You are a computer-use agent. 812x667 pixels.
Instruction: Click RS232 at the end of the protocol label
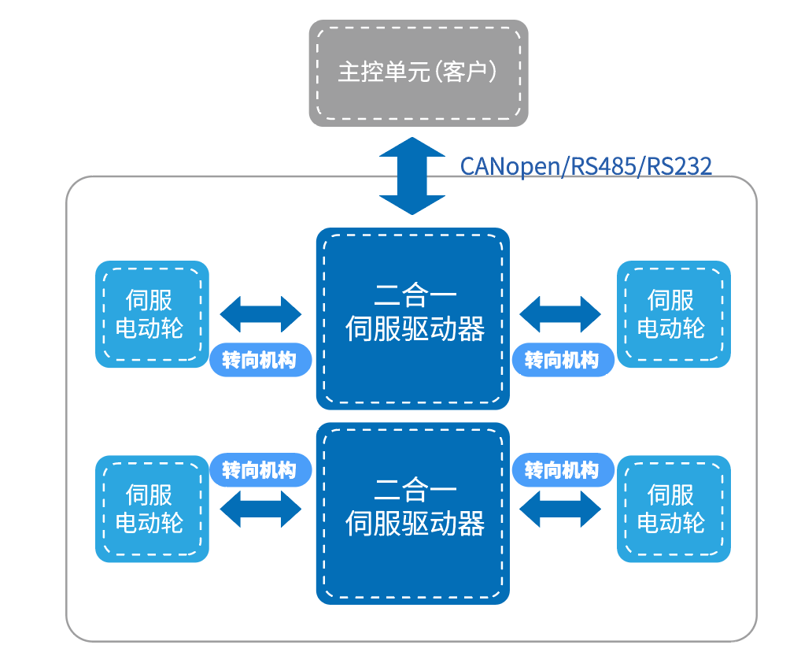click(x=678, y=166)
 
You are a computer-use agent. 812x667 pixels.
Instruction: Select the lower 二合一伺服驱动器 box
click(x=413, y=512)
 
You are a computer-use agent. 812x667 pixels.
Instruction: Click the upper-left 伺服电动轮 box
click(x=152, y=313)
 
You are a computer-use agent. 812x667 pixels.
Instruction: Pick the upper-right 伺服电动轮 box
click(x=674, y=313)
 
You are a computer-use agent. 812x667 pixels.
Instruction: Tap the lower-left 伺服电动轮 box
click(x=152, y=509)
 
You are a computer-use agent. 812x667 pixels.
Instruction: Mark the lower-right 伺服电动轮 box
click(x=674, y=509)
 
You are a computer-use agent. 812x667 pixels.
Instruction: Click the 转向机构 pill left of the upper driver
click(x=260, y=361)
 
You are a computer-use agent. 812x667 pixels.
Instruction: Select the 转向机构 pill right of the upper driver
click(x=562, y=361)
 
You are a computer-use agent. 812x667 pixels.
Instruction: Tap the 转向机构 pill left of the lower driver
click(x=260, y=470)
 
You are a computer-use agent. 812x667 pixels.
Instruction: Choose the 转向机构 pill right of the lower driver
click(x=562, y=470)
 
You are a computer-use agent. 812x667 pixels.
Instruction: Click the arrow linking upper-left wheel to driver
click(x=260, y=314)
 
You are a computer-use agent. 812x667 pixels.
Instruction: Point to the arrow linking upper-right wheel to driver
click(x=561, y=314)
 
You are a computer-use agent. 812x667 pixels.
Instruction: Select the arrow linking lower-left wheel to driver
click(x=260, y=509)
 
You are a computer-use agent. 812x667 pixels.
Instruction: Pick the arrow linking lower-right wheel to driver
click(x=561, y=509)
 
